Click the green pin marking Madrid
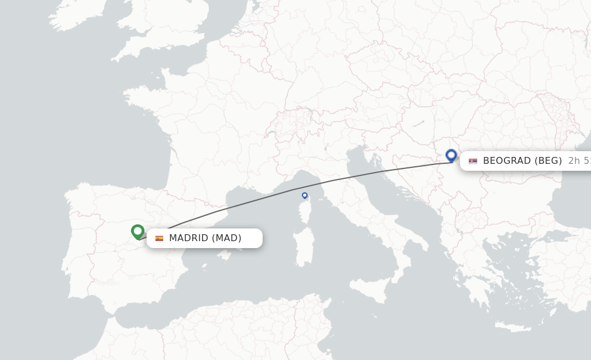(x=137, y=231)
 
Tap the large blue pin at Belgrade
(x=451, y=155)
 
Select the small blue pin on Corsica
(x=305, y=196)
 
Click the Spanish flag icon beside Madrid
(x=159, y=238)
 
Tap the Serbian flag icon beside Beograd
(x=473, y=161)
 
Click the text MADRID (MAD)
(x=205, y=238)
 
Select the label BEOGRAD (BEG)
(x=522, y=161)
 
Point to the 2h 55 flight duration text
(x=579, y=161)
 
